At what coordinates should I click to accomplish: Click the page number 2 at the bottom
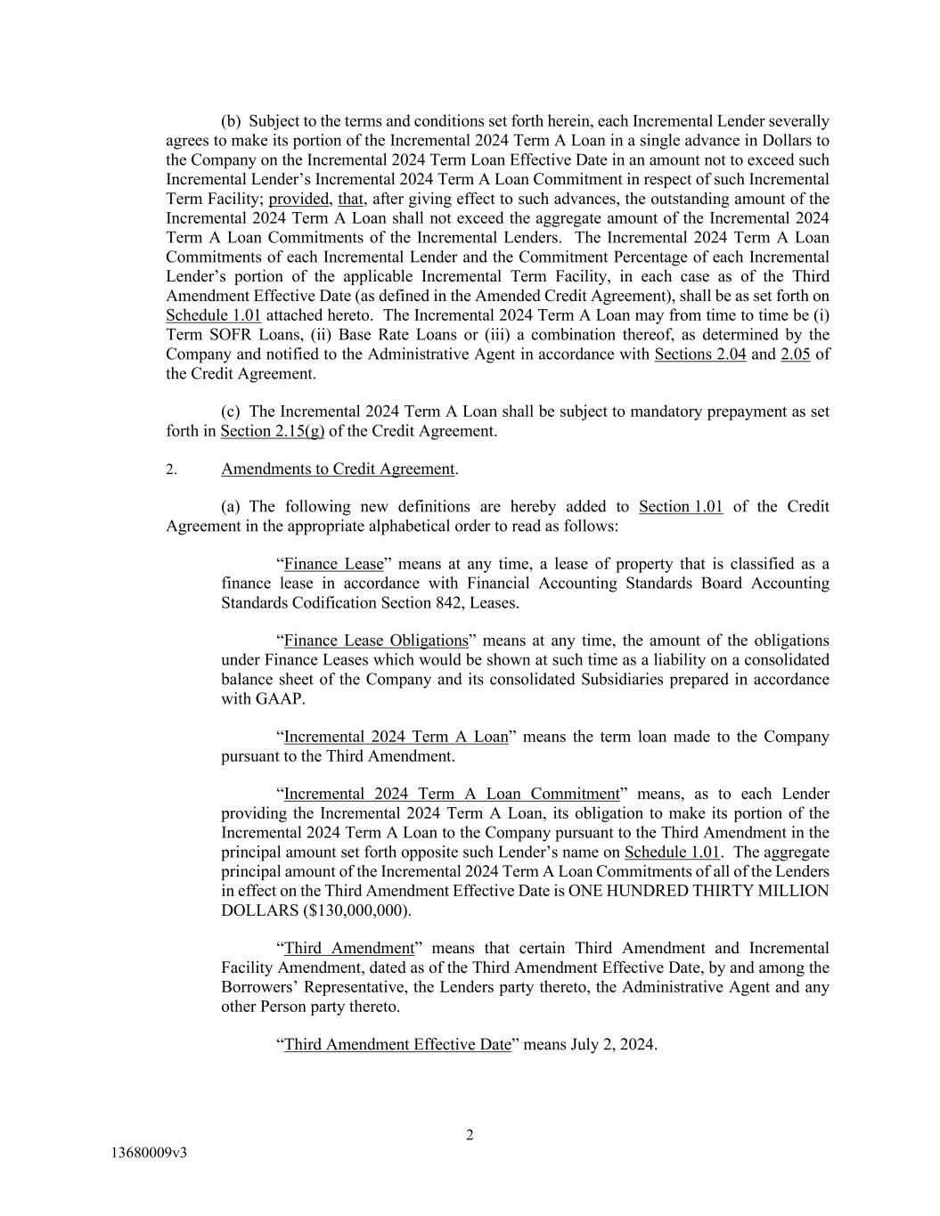pos(470,1135)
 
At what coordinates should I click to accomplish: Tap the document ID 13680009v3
pos(149,1153)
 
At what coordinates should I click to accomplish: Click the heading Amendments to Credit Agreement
pos(338,469)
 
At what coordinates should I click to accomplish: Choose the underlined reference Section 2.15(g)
pos(272,431)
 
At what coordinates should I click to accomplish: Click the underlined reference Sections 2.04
pos(699,355)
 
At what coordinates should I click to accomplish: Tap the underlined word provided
pos(298,200)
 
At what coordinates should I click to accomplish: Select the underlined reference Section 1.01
pos(681,507)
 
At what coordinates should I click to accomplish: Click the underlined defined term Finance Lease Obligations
pos(375,641)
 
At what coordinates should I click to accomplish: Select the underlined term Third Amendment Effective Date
pos(397,1044)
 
